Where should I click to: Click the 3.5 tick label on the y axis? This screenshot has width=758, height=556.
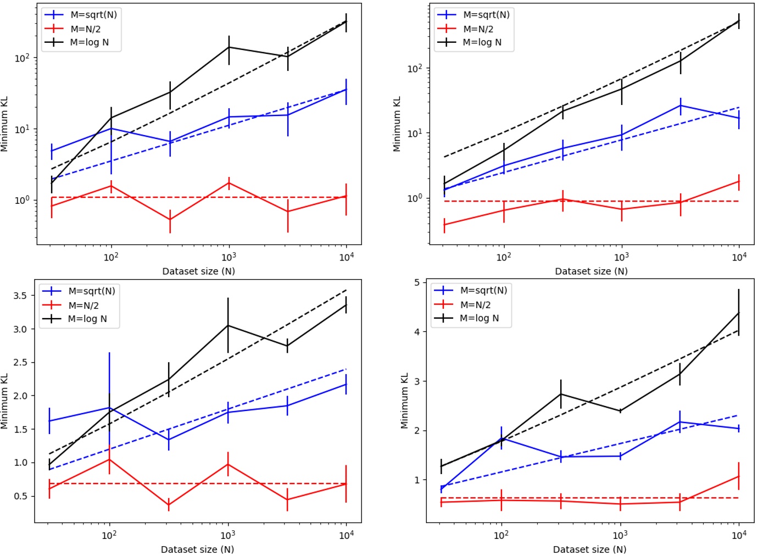pos(21,296)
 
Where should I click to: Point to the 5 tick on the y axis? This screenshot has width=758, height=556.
pos(417,282)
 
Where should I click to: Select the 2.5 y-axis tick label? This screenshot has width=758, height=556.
pos(21,362)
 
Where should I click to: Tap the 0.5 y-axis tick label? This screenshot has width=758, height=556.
pos(21,496)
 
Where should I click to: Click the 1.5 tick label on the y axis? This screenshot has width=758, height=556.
pos(21,429)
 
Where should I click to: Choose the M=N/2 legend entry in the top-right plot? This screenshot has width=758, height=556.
pos(478,29)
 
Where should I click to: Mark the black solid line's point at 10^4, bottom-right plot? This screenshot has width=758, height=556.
pos(738,313)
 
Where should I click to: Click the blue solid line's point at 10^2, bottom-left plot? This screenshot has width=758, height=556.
pos(109,408)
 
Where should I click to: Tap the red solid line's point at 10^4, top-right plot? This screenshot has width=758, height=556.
pos(739,181)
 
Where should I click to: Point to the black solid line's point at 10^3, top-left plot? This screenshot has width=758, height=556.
pos(229,47)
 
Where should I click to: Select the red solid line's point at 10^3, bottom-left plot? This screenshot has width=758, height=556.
pos(228,464)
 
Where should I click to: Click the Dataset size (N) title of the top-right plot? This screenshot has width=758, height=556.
pos(591,271)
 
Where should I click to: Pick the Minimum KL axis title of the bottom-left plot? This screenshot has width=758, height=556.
pos(5,401)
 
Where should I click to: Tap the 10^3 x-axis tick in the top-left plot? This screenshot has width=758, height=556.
pos(228,257)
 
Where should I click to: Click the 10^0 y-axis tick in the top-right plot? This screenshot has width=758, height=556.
pos(415,198)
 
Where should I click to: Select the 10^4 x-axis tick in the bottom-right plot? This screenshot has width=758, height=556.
pos(739,535)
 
